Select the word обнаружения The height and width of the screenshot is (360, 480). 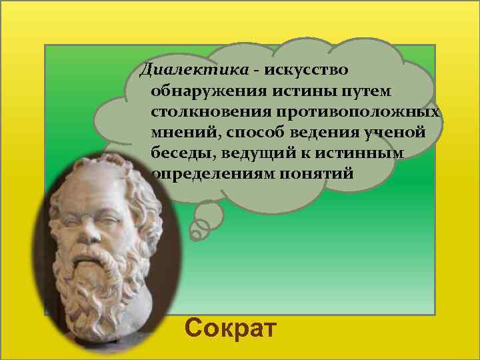[200, 90]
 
